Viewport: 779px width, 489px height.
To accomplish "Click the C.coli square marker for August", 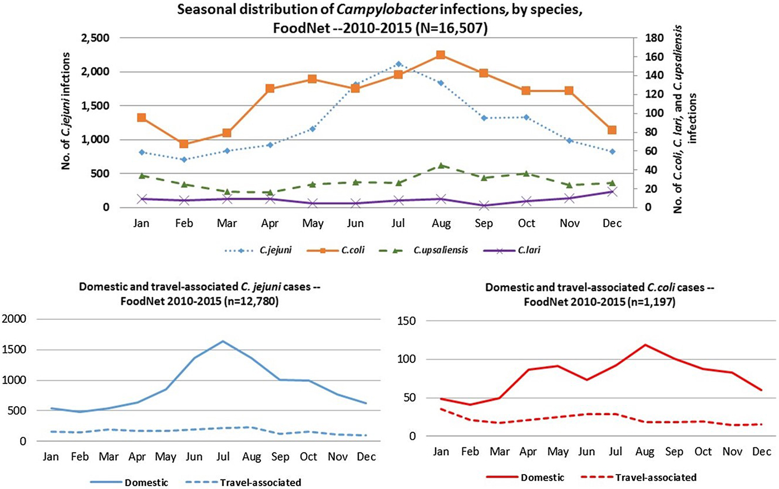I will tap(441, 55).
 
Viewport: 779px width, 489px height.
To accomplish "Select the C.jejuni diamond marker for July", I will tap(398, 64).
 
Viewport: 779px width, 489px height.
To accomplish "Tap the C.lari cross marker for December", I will tap(612, 191).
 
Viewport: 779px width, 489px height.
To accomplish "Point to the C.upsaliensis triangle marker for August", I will tap(441, 165).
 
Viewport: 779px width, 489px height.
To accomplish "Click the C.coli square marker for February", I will tap(184, 144).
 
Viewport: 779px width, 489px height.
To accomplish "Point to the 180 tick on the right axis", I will tap(653, 38).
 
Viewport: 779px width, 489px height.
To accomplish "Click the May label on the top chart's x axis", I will tap(313, 224).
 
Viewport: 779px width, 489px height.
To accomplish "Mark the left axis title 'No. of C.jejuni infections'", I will tap(66, 111).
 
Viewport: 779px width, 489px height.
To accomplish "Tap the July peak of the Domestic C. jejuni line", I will tap(223, 341).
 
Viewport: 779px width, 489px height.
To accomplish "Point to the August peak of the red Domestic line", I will tap(645, 344).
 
